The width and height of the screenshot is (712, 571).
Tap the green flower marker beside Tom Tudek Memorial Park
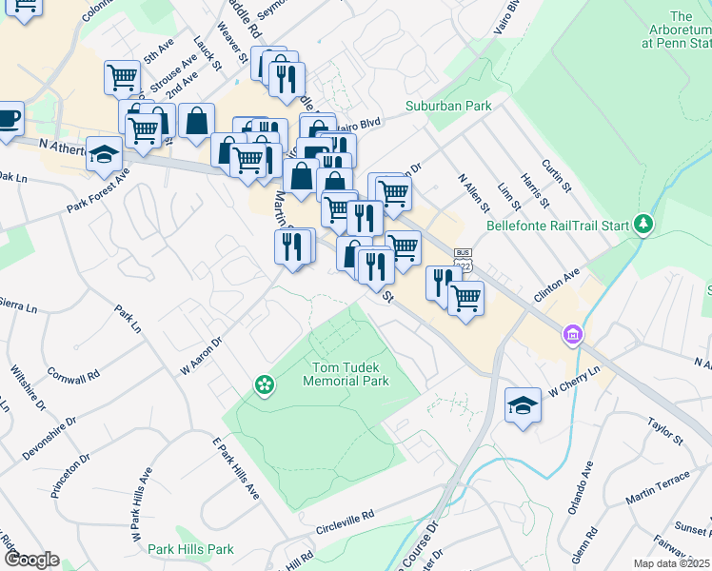(x=264, y=384)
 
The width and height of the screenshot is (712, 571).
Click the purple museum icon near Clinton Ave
(x=572, y=335)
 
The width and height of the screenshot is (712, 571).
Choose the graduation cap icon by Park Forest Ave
(x=104, y=154)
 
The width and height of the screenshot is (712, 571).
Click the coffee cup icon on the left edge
(x=8, y=119)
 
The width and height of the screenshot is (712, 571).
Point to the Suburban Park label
(x=448, y=106)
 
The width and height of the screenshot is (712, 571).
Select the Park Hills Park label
(x=190, y=549)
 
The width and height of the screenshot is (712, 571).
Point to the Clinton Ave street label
(x=557, y=285)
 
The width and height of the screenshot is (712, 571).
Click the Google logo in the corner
(x=30, y=560)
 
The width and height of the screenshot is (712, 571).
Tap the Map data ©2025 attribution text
(x=670, y=563)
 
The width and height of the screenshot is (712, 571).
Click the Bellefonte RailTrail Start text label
(x=558, y=226)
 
